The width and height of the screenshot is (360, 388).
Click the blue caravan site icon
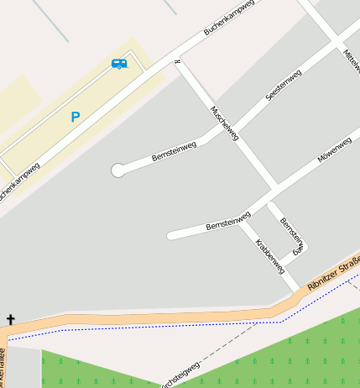coord(119,63)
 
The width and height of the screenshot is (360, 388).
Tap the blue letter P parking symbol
coord(76,118)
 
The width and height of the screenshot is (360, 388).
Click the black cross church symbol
coord(10,319)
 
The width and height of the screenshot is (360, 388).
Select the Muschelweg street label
coord(224,123)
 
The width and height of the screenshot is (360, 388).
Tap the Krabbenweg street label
coord(269,256)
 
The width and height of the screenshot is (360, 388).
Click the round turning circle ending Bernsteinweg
coord(117,170)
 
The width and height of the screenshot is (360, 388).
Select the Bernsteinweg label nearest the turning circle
coord(174,152)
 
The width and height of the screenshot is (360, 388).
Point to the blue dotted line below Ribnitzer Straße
coord(168,328)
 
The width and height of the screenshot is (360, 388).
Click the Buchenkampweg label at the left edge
coord(18,181)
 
